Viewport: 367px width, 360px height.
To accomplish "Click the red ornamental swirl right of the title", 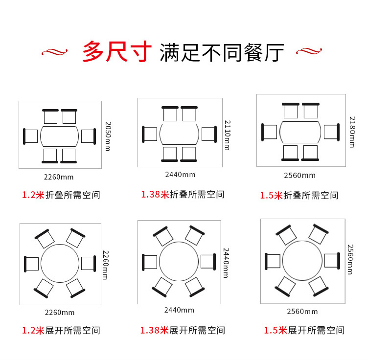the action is (310, 51).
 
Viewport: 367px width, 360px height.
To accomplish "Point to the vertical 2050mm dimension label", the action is (108, 136).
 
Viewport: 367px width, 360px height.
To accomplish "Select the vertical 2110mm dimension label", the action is (227, 135).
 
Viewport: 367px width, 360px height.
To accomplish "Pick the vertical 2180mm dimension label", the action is (351, 132).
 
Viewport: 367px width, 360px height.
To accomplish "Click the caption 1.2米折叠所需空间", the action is (61, 195).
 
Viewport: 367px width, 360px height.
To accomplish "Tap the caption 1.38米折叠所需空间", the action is (183, 194).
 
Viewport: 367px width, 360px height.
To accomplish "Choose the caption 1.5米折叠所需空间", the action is (299, 195).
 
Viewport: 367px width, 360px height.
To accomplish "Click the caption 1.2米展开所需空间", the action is (61, 330).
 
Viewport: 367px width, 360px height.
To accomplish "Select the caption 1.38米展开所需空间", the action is (183, 330).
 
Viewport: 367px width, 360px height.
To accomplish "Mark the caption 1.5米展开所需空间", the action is (304, 330).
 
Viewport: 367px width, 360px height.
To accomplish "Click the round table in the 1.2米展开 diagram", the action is (60, 263).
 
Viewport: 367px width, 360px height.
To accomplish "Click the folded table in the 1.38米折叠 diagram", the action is (179, 134).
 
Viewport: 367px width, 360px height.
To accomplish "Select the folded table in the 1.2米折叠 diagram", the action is (60, 136).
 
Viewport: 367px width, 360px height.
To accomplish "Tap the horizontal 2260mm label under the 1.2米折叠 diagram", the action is (60, 177).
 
